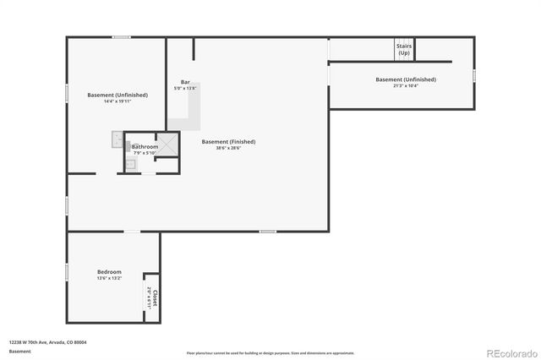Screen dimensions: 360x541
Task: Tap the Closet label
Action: (156, 297)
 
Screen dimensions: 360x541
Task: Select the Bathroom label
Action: (145, 146)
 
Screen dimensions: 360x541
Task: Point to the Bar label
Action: (185, 82)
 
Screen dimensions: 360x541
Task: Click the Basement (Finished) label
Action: (228, 141)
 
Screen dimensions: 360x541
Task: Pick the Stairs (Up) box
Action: (404, 49)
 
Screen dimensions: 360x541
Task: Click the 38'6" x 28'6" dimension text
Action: (228, 148)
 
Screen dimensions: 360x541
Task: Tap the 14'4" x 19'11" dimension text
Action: (117, 101)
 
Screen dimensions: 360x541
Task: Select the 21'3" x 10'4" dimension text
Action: (406, 85)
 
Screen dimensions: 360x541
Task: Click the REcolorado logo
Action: (510, 351)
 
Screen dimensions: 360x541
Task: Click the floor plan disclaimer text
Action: (270, 352)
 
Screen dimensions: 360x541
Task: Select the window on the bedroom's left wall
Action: (67, 272)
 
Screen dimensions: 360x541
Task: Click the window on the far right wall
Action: (474, 76)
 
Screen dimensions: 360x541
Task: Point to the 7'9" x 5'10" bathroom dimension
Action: (145, 152)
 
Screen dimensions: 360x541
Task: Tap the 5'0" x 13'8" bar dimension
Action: (185, 88)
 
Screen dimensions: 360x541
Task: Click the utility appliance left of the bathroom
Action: (117, 139)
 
